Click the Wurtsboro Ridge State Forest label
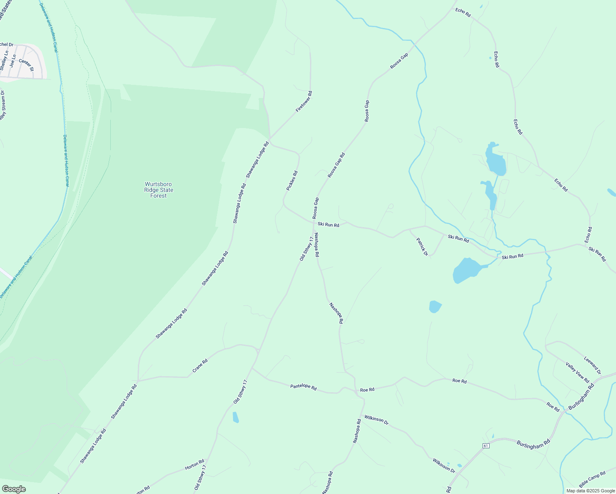point(159,190)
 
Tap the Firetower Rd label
point(304,102)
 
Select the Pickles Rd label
point(292,181)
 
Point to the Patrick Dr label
point(422,247)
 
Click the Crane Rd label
point(200,366)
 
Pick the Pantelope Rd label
point(303,387)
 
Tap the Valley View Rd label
point(578,372)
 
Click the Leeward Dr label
point(593,365)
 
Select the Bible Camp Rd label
point(592,479)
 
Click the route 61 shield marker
point(486,446)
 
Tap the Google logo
point(14,489)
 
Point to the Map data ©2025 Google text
point(590,491)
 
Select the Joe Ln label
point(13,61)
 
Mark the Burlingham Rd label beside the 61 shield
point(533,444)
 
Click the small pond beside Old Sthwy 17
point(236,417)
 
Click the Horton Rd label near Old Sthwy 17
point(194,465)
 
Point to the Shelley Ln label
point(4,60)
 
